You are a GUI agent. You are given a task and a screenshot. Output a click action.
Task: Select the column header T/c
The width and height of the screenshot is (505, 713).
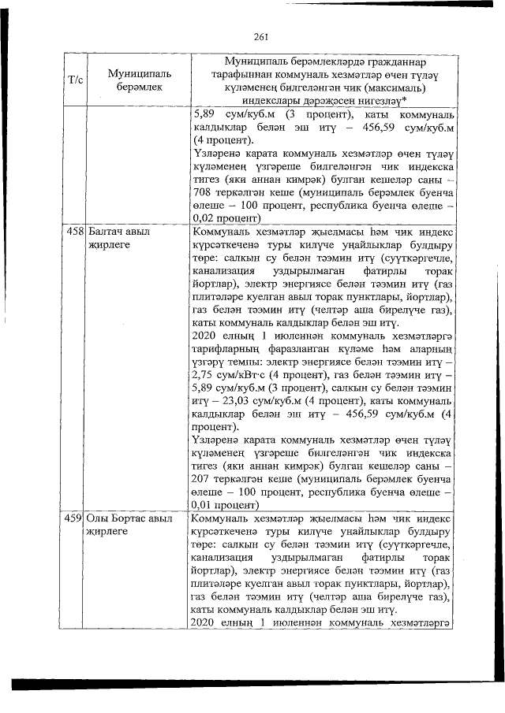point(77,80)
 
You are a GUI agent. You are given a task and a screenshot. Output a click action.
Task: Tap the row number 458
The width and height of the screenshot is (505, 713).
point(77,232)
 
